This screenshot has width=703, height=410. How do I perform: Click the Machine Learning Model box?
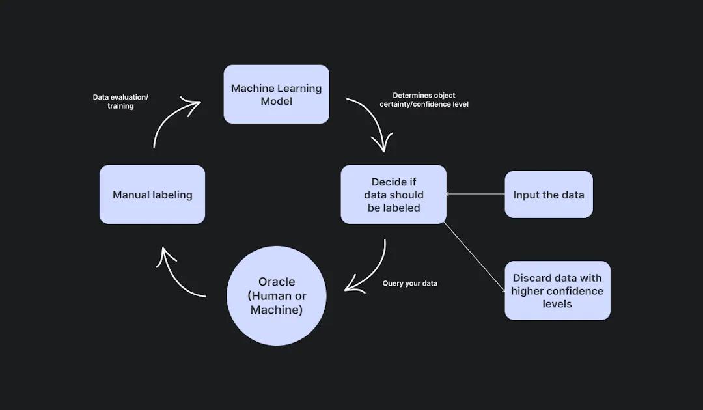(276, 94)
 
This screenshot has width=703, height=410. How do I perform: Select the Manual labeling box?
(152, 195)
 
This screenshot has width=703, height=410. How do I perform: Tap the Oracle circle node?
(277, 296)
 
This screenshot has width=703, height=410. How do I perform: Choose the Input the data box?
(549, 195)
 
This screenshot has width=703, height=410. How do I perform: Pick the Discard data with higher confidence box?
(557, 291)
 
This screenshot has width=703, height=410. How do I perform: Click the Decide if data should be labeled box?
(394, 195)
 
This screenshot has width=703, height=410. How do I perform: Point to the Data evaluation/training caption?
(120, 102)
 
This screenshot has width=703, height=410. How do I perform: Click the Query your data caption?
(410, 284)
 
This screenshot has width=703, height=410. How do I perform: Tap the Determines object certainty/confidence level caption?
(424, 100)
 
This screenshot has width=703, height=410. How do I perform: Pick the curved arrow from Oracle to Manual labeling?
(176, 277)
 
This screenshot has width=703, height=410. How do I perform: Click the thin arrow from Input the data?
(475, 194)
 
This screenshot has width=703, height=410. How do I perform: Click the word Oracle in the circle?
(277, 282)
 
